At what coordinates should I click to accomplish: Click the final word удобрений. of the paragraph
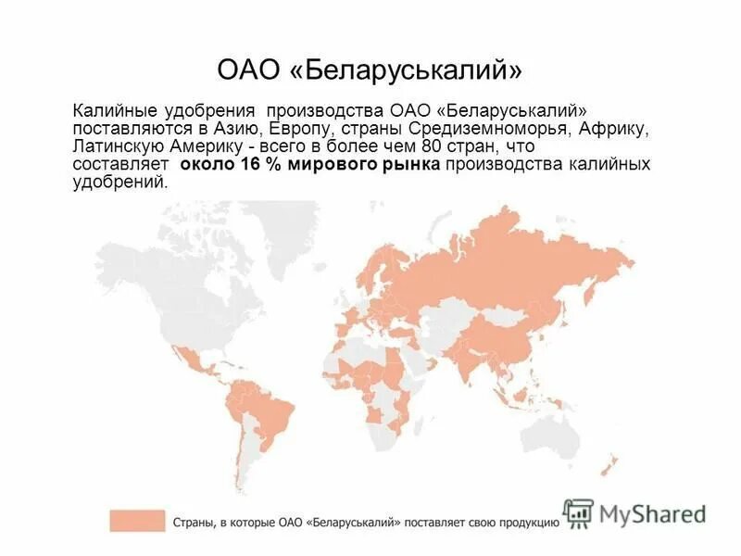click(121, 183)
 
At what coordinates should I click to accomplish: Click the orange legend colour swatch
click(136, 521)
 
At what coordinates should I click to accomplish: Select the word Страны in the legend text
click(194, 522)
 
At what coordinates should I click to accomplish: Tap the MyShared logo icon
click(578, 512)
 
